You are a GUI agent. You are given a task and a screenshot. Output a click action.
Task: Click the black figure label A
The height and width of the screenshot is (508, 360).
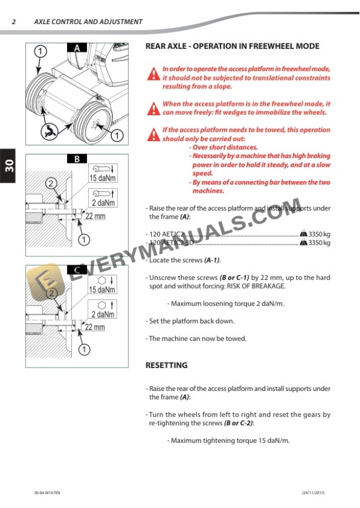(x=76, y=48)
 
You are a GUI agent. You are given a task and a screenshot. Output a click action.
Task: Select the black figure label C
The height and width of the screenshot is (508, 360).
(x=76, y=270)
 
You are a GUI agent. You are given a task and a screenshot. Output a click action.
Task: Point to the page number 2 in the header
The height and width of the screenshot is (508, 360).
(x=14, y=22)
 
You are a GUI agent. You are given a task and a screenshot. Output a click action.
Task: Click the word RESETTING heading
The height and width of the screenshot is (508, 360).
(x=166, y=365)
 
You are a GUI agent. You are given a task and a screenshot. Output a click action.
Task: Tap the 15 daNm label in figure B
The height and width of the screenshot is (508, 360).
(x=102, y=178)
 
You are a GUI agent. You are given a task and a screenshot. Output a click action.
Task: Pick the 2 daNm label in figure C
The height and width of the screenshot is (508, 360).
(x=102, y=315)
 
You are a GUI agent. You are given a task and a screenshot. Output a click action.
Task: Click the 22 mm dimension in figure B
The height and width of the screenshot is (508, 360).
(x=95, y=216)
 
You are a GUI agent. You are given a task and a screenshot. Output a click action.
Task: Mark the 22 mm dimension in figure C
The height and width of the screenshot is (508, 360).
(x=95, y=327)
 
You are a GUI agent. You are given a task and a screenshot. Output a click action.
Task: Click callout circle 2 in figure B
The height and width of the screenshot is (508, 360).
(x=51, y=183)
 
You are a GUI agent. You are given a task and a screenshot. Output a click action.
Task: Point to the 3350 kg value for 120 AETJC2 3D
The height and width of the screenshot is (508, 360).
(x=319, y=242)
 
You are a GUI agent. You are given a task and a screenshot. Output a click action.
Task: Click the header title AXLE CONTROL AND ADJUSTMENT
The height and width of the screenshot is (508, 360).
(x=88, y=22)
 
